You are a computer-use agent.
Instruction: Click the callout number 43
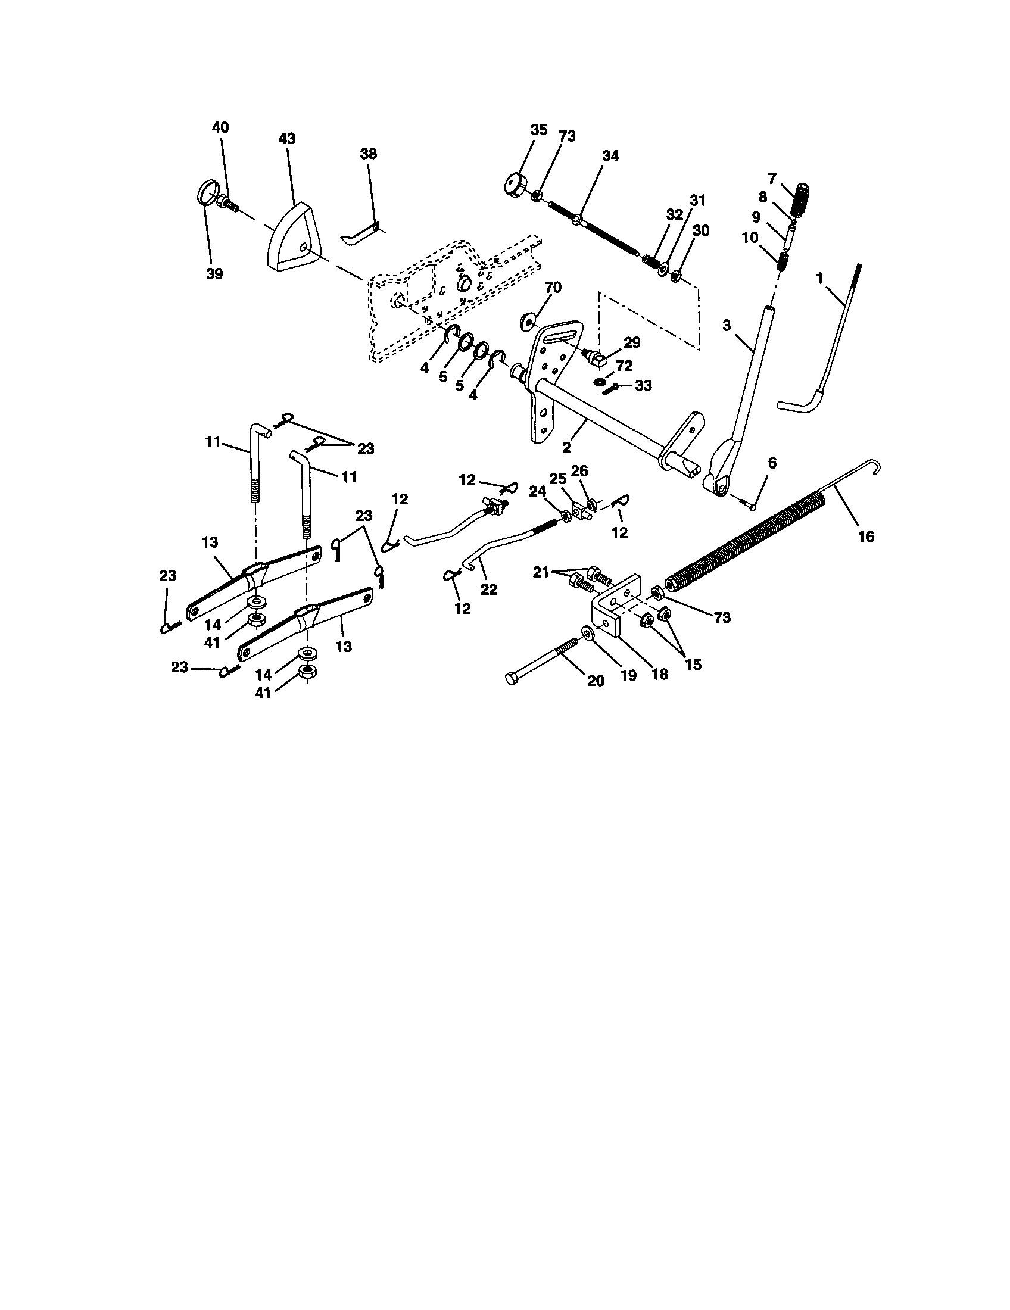[x=287, y=139]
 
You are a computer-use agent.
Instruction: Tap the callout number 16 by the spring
[x=866, y=537]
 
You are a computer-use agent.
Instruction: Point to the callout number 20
[x=596, y=681]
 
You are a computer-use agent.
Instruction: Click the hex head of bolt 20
[x=512, y=680]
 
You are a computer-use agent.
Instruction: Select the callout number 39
[x=214, y=274]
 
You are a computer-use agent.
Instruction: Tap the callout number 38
[x=368, y=154]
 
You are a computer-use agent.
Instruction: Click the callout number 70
[x=553, y=288]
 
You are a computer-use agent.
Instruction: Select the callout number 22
[x=488, y=589]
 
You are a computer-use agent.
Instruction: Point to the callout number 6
[x=772, y=463]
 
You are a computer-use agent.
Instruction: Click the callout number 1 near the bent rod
[x=820, y=277]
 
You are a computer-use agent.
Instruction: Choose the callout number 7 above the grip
[x=772, y=178]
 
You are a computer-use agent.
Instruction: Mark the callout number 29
[x=632, y=342]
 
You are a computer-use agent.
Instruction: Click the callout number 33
[x=643, y=386]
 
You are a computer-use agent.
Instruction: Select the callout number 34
[x=610, y=156]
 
